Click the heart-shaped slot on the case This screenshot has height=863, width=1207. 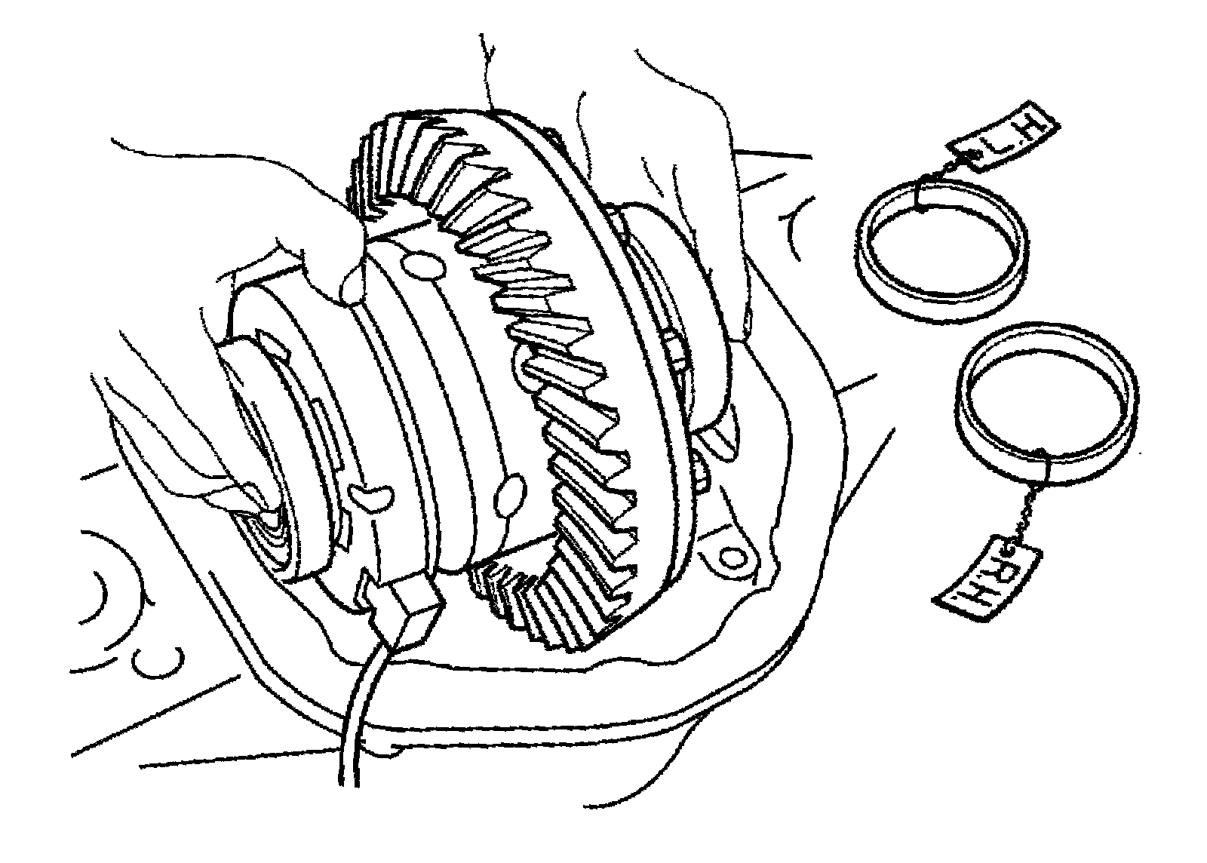370,496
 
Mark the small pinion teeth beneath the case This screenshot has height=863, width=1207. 498,585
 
